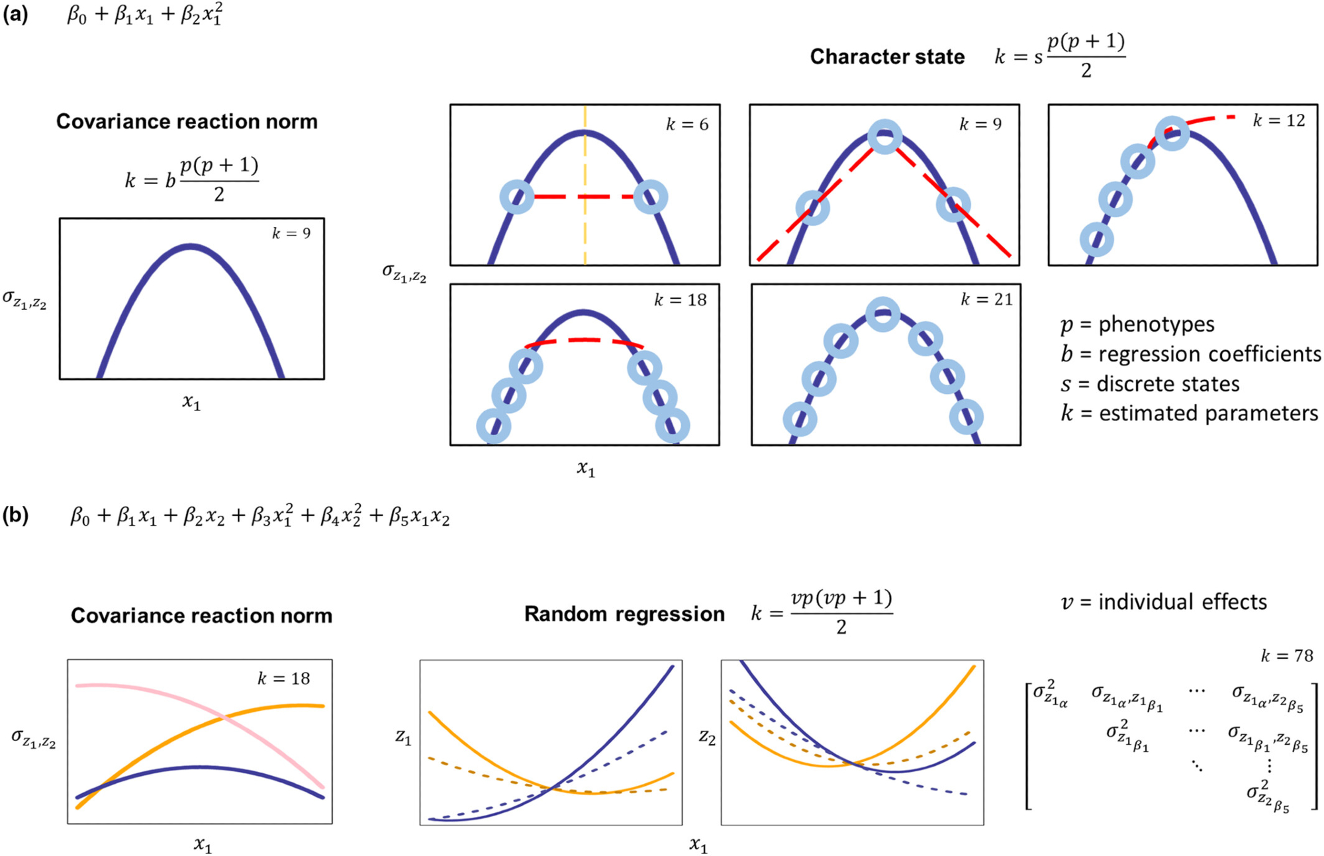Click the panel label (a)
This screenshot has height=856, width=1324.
pos(15,14)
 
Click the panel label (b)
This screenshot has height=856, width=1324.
pos(15,515)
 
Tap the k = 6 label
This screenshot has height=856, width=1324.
pos(686,124)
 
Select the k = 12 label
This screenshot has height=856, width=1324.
pos(1278,120)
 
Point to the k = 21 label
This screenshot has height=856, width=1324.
pos(986,300)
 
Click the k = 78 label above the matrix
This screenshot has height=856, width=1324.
pos(1286,656)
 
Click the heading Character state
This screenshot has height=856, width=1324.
pos(887,57)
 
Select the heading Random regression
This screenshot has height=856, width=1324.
pos(624,614)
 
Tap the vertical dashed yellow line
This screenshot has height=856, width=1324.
pos(585,232)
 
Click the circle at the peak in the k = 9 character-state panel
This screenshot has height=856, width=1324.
pos(884,137)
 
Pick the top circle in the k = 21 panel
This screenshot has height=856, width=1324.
pos(882,314)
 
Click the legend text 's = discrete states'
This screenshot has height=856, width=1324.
pos(1150,384)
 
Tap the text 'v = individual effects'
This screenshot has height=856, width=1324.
pos(1163,602)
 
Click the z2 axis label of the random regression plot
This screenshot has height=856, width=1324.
pos(707,737)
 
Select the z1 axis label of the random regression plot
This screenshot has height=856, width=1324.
pos(403,737)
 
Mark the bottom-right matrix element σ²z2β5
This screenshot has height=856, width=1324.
pos(1268,797)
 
